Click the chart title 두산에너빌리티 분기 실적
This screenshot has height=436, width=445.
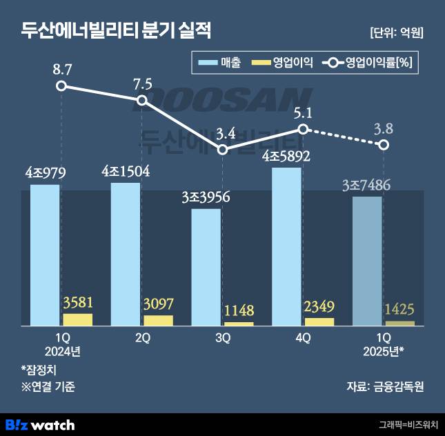click(x=116, y=31)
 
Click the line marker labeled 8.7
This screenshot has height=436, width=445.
click(x=61, y=86)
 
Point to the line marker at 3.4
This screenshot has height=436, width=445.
click(x=222, y=149)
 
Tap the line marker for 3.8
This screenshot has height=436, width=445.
click(x=384, y=144)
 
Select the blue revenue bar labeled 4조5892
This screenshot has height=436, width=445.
click(x=286, y=245)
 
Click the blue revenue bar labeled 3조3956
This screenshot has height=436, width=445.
click(x=206, y=266)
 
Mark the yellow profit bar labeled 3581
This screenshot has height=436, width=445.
click(x=77, y=319)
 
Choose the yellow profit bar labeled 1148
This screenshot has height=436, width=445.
click(x=239, y=324)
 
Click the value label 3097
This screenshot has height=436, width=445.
click(x=158, y=304)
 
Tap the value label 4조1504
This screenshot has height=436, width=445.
click(x=125, y=171)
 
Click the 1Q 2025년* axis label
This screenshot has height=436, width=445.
click(x=383, y=344)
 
